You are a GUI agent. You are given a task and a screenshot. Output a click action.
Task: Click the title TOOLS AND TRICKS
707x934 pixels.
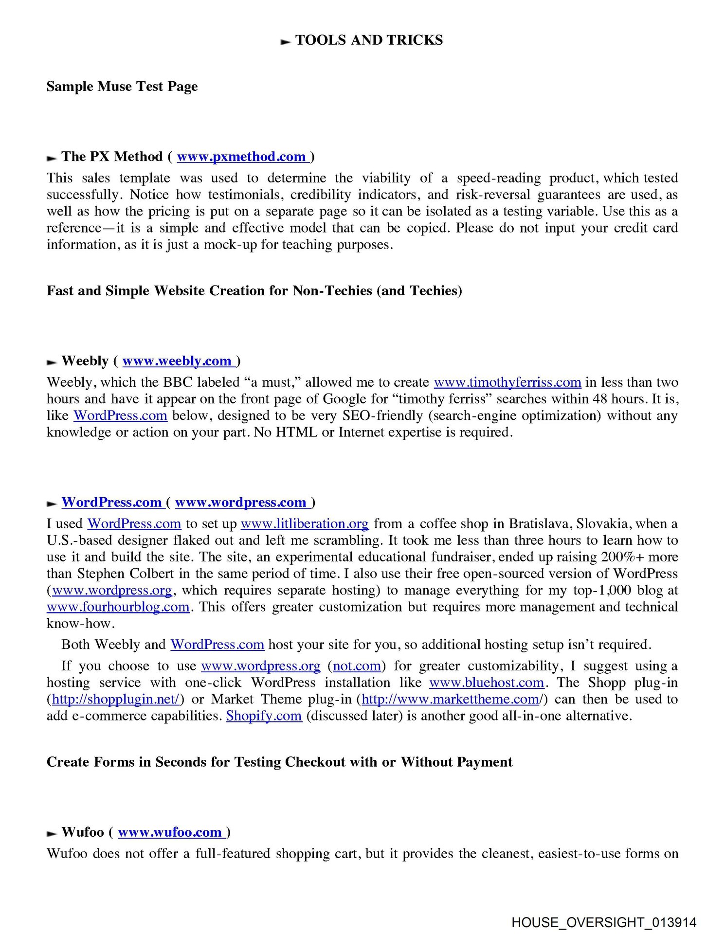[x=369, y=40]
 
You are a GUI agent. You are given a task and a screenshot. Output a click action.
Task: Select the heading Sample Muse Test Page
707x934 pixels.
[x=122, y=87]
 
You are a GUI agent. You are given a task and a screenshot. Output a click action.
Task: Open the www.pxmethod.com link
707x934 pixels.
[x=241, y=157]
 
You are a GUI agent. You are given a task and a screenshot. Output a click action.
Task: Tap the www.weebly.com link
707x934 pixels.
[x=177, y=361]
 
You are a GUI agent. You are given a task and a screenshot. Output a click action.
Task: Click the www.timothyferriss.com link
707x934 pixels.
[x=507, y=382]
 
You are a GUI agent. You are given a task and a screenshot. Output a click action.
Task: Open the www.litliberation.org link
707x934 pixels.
[x=305, y=524]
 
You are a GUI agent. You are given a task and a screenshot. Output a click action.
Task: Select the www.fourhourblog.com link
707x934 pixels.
[x=118, y=607]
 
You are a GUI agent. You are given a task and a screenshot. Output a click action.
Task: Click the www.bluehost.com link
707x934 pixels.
[x=486, y=683]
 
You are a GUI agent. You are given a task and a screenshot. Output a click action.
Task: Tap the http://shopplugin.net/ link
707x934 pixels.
[x=115, y=700]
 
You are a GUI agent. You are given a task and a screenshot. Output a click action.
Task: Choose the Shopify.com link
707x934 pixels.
[x=264, y=716]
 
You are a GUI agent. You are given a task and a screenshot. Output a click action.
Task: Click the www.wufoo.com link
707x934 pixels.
[x=170, y=832]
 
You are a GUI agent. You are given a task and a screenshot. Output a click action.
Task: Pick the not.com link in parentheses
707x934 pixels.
[x=357, y=666]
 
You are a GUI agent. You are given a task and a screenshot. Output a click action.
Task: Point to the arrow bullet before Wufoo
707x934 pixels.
[x=52, y=834]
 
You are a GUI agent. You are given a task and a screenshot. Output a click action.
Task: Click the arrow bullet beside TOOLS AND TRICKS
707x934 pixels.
[x=286, y=42]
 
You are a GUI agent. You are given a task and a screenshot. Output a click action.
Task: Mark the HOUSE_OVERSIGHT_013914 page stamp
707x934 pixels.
[x=604, y=922]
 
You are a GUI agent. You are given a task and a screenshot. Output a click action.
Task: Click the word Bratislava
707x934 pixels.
[x=540, y=524]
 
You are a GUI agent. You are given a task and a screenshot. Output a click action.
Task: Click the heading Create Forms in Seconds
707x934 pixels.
[x=279, y=762]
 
